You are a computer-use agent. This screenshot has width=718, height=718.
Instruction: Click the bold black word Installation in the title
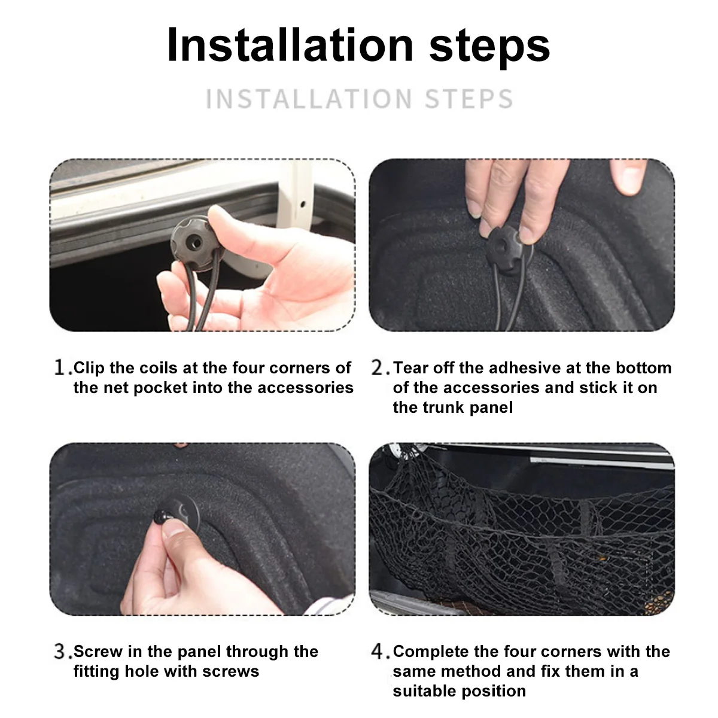[290, 45]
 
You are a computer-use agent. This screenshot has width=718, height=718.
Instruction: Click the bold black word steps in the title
[489, 48]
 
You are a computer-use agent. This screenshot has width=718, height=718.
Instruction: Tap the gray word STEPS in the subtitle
[469, 99]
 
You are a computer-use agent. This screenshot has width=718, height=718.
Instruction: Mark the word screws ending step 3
[231, 672]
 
